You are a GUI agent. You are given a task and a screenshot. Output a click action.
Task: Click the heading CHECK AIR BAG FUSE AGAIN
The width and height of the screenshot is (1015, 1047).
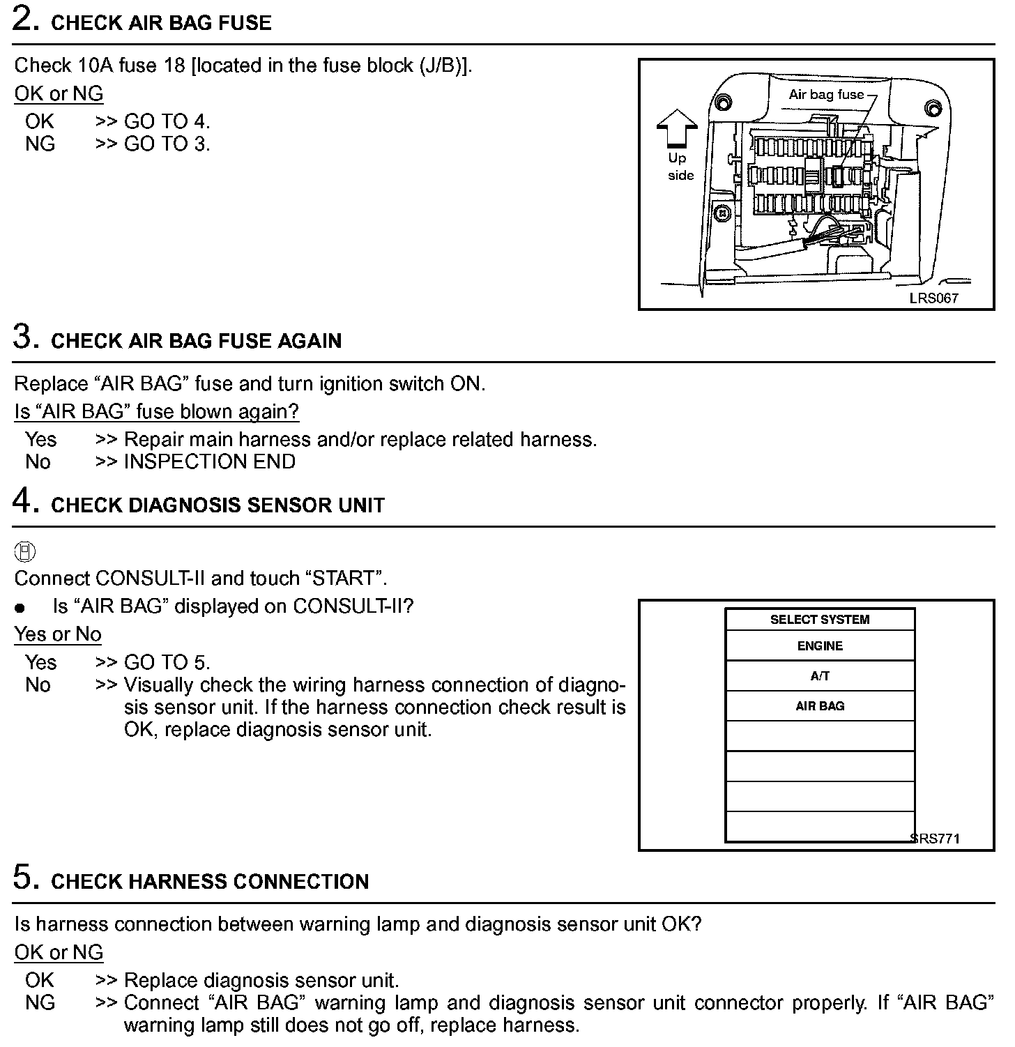pyautogui.click(x=196, y=341)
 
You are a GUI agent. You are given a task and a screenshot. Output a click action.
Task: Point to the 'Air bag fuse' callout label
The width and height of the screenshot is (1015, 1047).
pyautogui.click(x=826, y=95)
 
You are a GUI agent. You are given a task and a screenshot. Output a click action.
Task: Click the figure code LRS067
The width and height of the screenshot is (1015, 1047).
pyautogui.click(x=933, y=298)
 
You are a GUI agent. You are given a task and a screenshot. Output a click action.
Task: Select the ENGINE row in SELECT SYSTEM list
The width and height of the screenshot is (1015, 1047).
pyautogui.click(x=820, y=646)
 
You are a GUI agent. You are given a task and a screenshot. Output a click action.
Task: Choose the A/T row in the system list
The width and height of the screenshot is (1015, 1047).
pyautogui.click(x=820, y=675)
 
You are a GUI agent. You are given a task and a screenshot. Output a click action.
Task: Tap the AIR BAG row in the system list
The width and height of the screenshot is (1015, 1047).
pyautogui.click(x=820, y=706)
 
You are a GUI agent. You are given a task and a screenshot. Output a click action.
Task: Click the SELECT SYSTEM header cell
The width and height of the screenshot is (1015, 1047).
pyautogui.click(x=820, y=620)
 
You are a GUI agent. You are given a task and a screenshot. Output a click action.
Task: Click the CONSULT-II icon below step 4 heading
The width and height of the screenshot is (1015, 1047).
pyautogui.click(x=24, y=551)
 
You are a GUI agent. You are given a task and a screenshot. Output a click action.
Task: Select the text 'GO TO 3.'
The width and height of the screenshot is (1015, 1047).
pyautogui.click(x=167, y=144)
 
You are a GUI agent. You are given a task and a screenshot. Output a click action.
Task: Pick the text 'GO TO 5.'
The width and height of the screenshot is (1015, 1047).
pyautogui.click(x=167, y=662)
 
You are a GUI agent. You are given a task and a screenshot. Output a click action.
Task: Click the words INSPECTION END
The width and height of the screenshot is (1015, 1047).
pyautogui.click(x=209, y=461)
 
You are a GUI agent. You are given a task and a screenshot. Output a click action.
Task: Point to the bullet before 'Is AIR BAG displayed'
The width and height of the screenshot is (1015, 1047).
pyautogui.click(x=20, y=607)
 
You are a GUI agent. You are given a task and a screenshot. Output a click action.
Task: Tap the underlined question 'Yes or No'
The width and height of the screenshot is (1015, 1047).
pyautogui.click(x=58, y=634)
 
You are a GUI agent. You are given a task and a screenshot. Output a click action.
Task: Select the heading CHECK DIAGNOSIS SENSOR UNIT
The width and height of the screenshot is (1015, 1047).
pyautogui.click(x=217, y=505)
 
